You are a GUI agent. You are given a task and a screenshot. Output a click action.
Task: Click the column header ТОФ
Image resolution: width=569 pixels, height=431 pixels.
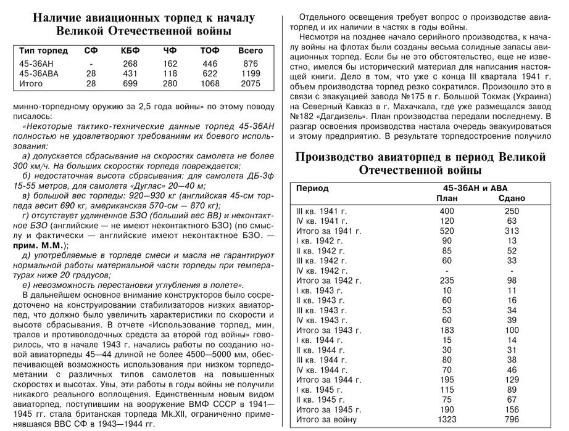(x=210, y=51)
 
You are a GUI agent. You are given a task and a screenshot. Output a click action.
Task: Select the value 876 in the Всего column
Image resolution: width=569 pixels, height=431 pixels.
(x=250, y=64)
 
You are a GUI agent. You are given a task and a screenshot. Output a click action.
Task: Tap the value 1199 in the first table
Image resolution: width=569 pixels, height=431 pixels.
(x=250, y=73)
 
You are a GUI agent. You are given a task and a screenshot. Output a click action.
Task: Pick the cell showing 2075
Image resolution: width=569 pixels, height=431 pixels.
(x=250, y=83)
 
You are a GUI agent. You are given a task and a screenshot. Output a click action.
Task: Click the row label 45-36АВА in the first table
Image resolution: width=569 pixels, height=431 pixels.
(x=39, y=73)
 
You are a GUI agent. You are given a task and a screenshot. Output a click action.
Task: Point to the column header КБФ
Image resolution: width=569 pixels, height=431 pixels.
(x=130, y=51)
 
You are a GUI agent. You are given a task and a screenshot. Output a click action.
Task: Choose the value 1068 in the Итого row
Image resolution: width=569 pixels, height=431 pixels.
(x=210, y=83)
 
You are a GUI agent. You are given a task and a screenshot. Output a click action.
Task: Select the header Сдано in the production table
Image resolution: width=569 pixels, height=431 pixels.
(x=510, y=199)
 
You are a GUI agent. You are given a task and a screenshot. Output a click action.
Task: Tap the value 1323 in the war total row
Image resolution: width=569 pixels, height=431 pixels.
(x=447, y=420)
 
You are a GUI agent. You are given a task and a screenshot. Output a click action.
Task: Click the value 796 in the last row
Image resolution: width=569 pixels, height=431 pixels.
(x=510, y=420)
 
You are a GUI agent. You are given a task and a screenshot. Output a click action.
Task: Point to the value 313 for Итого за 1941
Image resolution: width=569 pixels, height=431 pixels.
(x=510, y=231)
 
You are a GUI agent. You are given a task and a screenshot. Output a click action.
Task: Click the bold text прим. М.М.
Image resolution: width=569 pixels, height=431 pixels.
(x=38, y=244)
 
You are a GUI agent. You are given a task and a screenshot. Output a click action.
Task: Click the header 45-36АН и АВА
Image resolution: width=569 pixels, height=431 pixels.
(x=478, y=188)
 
